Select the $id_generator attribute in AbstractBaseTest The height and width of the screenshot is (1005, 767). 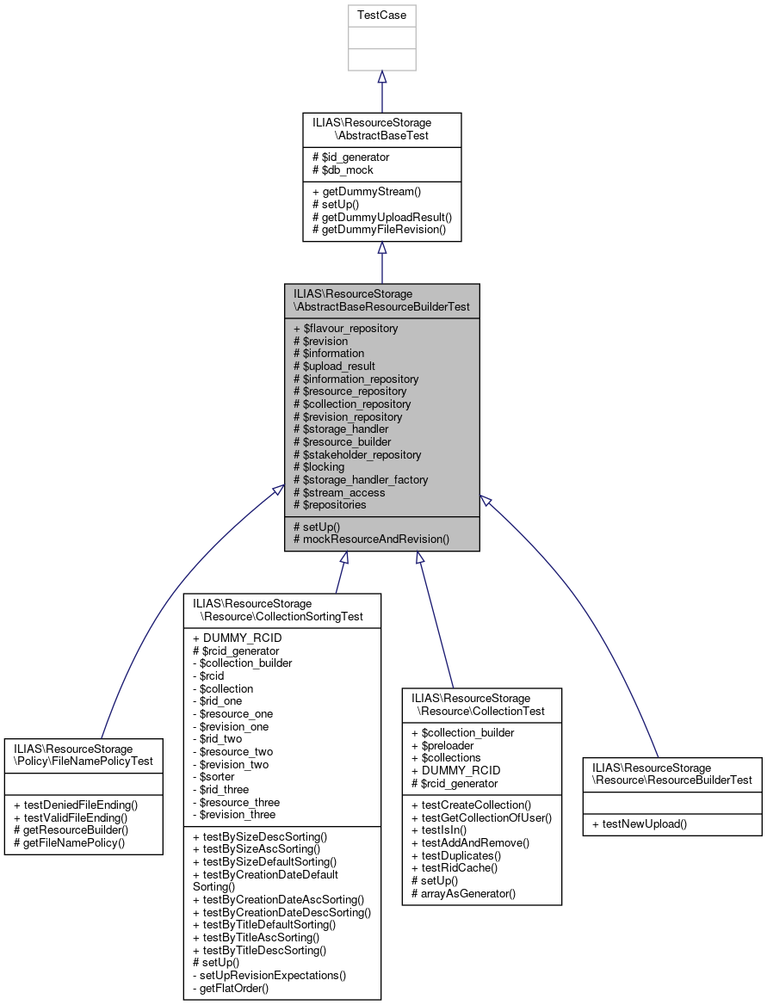(355, 157)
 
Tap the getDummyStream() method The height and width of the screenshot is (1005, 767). (365, 191)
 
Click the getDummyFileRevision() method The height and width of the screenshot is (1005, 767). (379, 229)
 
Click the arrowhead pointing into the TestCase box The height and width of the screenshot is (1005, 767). (381, 77)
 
